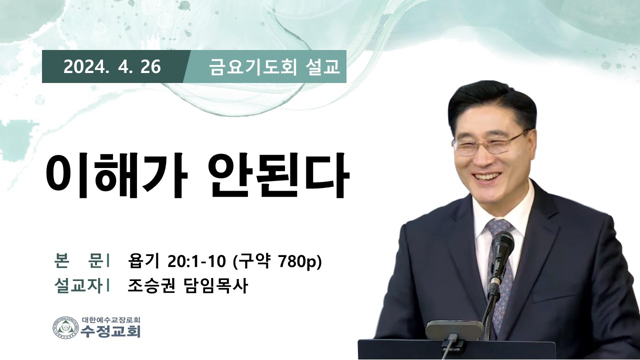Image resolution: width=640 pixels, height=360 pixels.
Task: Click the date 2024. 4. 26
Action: pyautogui.click(x=112, y=67)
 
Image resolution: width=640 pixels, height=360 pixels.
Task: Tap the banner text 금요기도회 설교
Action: pyautogui.click(x=274, y=67)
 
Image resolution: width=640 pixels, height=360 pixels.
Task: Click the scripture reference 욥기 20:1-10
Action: pyautogui.click(x=177, y=261)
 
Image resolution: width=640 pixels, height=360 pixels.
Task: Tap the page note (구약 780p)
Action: pyautogui.click(x=277, y=261)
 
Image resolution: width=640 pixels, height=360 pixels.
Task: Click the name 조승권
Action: pyautogui.click(x=151, y=286)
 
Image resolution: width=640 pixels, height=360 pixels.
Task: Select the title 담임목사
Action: pyautogui.click(x=214, y=286)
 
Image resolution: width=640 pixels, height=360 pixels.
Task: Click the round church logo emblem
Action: pyautogui.click(x=65, y=327)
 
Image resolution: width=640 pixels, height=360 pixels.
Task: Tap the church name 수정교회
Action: pyautogui.click(x=110, y=331)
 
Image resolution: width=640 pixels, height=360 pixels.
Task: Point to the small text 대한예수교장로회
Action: pyautogui.click(x=111, y=319)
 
